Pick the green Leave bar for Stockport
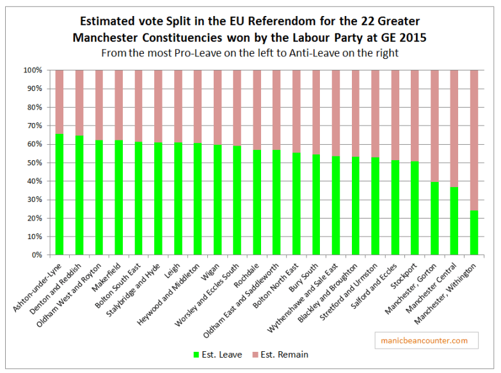tap(415, 208)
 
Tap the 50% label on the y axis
tap(35, 163)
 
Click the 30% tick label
tap(35, 200)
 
